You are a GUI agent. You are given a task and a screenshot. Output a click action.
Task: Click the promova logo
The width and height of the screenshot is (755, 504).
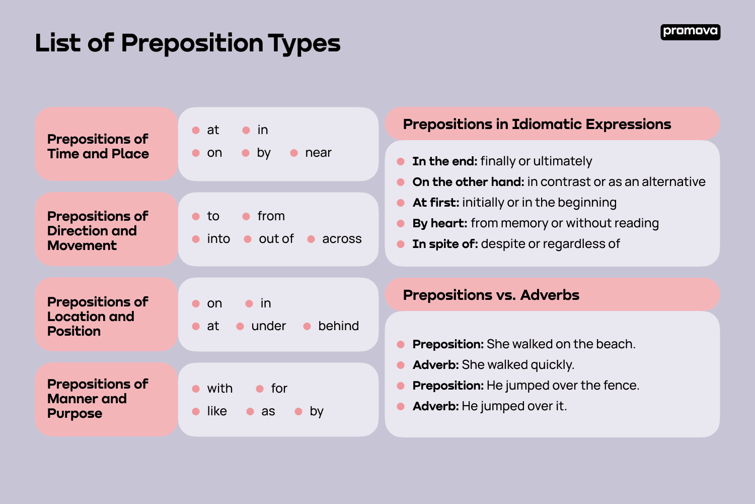pyautogui.click(x=690, y=32)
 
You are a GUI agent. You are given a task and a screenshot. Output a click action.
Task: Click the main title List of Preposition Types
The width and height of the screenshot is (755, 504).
pyautogui.click(x=188, y=43)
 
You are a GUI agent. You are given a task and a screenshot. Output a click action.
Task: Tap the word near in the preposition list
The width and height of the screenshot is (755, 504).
pyautogui.click(x=318, y=153)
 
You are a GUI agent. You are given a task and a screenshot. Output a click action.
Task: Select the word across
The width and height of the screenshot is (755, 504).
pyautogui.click(x=342, y=239)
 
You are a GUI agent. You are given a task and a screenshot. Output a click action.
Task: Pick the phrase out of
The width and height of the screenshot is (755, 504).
pyautogui.click(x=276, y=239)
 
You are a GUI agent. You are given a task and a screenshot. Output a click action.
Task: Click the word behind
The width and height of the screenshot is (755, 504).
pyautogui.click(x=338, y=326)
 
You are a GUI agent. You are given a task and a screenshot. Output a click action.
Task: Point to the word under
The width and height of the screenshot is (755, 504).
pyautogui.click(x=268, y=326)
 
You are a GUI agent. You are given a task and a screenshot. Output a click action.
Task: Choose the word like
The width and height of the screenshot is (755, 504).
pyautogui.click(x=217, y=411)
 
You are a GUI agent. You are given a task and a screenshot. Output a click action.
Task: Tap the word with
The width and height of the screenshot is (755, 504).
pyautogui.click(x=219, y=389)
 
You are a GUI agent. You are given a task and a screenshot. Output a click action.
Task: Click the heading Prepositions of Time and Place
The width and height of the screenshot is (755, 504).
pyautogui.click(x=98, y=146)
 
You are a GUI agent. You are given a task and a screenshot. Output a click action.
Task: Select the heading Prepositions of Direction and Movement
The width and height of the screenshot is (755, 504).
pyautogui.click(x=98, y=231)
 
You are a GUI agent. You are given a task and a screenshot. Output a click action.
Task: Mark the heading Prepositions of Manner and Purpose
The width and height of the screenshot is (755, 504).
pyautogui.click(x=98, y=399)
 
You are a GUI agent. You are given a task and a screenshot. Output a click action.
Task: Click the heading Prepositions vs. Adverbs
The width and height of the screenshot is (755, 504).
pyautogui.click(x=491, y=295)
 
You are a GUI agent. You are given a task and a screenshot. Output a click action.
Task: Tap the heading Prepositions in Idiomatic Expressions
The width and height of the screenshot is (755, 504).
pyautogui.click(x=537, y=124)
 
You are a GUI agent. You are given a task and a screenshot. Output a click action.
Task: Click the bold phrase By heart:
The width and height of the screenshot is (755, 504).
pyautogui.click(x=440, y=223)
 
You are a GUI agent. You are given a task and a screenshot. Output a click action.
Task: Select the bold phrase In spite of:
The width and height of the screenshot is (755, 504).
pyautogui.click(x=445, y=244)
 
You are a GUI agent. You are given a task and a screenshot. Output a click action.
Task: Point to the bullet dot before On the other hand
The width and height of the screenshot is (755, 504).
pyautogui.click(x=401, y=182)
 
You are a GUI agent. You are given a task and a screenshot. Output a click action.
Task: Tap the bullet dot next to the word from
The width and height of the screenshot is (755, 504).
pyautogui.click(x=246, y=216)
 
